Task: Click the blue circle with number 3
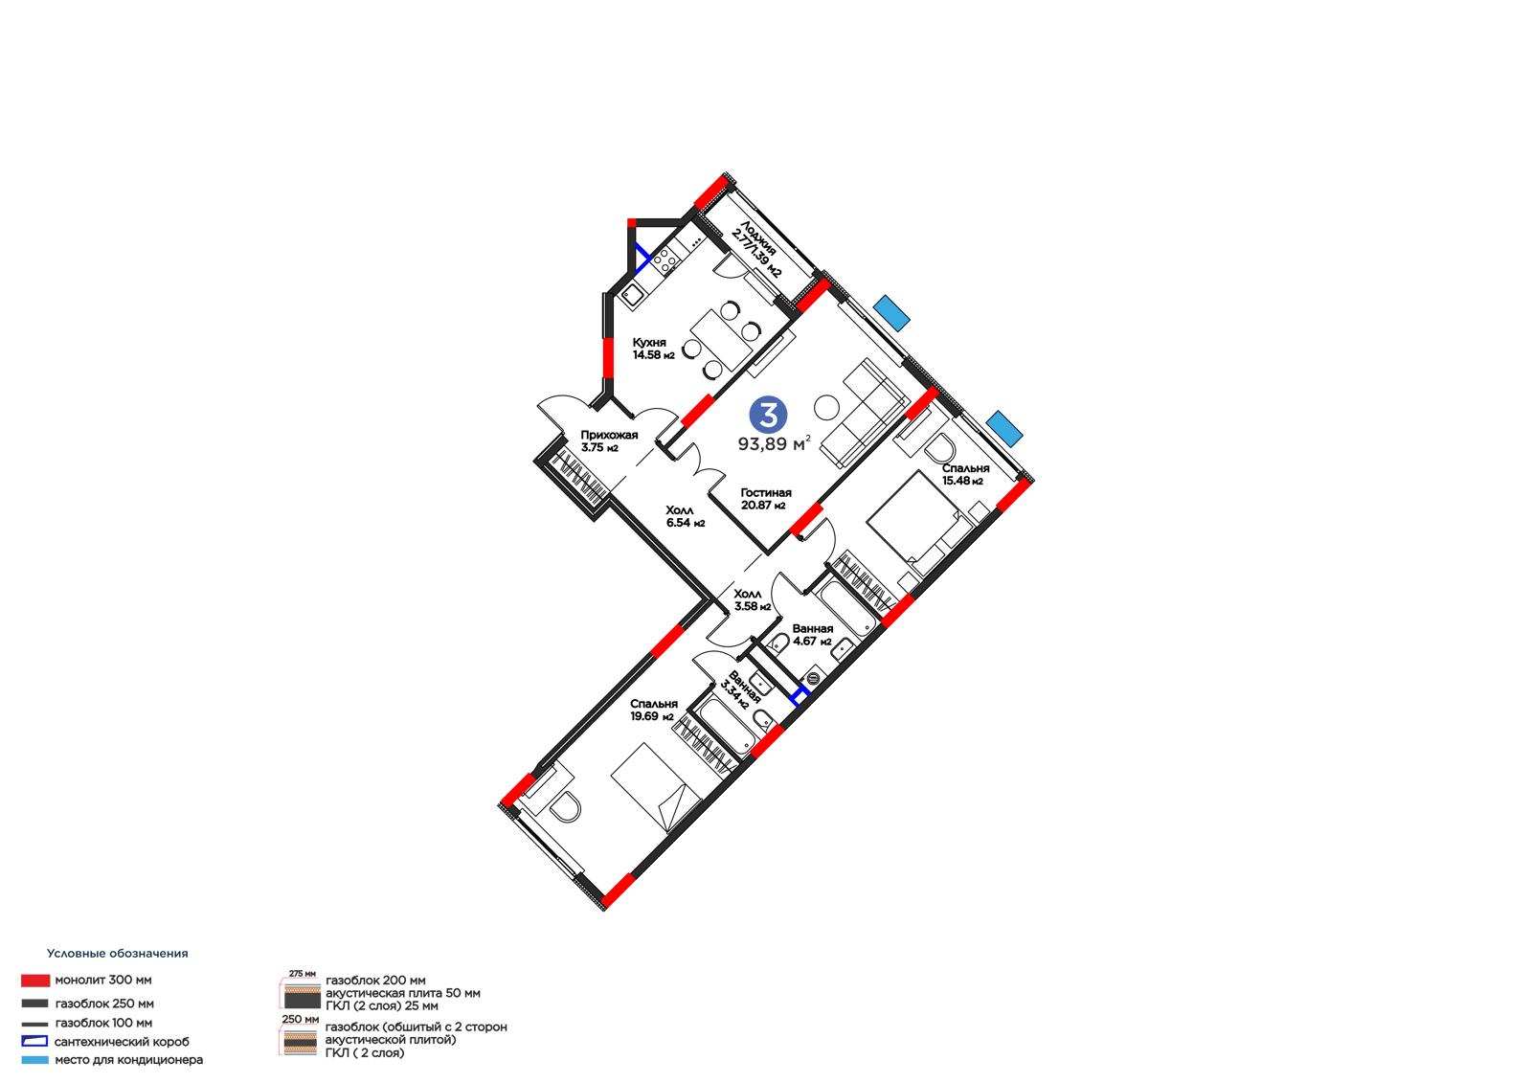point(768,415)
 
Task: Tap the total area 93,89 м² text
point(774,444)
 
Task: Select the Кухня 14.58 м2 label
point(653,349)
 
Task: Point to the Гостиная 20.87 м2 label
point(766,499)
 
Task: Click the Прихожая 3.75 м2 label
point(609,440)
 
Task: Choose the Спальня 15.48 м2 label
point(965,474)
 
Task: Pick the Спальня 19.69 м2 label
point(654,710)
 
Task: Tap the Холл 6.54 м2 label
point(686,516)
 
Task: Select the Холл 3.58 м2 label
point(753,600)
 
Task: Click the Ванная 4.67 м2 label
point(813,635)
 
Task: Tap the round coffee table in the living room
point(827,409)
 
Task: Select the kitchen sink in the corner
point(632,296)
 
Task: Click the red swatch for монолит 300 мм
point(35,981)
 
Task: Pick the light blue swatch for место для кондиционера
point(34,1060)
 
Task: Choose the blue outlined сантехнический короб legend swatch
point(34,1041)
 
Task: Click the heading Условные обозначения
point(117,953)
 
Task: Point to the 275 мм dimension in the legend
point(303,973)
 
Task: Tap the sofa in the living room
point(864,414)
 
